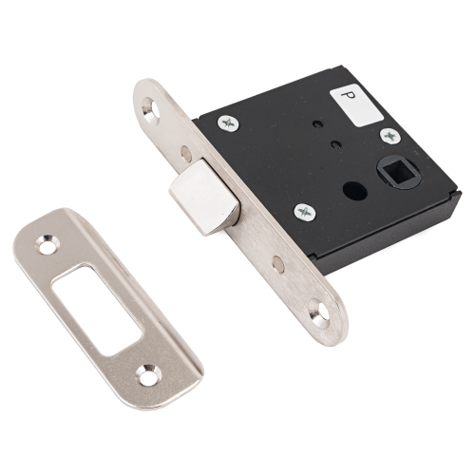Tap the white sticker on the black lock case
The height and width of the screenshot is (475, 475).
[356, 105]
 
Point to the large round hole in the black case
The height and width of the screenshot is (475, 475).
[355, 191]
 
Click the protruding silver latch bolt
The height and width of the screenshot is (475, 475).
[204, 197]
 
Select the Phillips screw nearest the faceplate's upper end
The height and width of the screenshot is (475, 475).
[228, 123]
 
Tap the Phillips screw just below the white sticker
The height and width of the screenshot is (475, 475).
[390, 137]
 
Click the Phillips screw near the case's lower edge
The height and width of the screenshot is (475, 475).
[305, 212]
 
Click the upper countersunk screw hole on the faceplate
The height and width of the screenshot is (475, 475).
[151, 108]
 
